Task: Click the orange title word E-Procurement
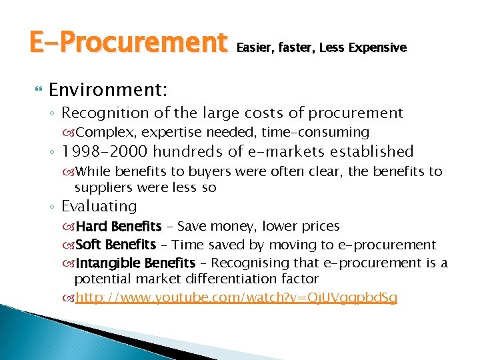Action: [x=127, y=43]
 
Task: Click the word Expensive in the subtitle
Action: [x=377, y=47]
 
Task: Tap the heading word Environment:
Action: [x=108, y=89]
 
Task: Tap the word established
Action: [x=370, y=151]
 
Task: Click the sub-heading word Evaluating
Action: [x=99, y=207]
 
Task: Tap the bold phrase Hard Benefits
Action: [x=119, y=227]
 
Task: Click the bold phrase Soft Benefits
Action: [x=116, y=245]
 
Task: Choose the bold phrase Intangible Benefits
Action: [x=136, y=263]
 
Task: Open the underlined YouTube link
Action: [x=236, y=297]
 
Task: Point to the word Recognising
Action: [x=254, y=263]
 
